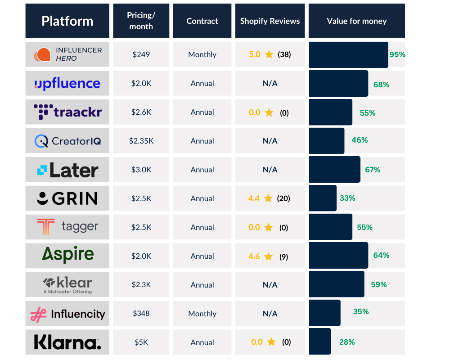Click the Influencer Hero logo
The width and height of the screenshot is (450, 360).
click(67, 54)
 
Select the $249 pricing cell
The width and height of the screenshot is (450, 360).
click(141, 54)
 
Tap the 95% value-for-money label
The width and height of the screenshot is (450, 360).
click(397, 54)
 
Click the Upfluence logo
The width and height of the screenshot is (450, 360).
click(67, 83)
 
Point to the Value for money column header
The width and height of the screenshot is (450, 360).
click(356, 21)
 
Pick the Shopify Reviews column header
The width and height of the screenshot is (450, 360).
click(270, 21)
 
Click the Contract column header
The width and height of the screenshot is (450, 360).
click(202, 21)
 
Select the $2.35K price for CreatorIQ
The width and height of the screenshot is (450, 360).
click(141, 141)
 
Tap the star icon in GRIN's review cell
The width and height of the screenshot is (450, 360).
click(268, 198)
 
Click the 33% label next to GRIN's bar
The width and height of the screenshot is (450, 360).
click(347, 198)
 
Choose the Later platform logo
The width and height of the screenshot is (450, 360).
click(67, 170)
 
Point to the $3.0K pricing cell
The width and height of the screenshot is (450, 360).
click(141, 170)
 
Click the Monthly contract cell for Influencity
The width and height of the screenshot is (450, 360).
click(202, 314)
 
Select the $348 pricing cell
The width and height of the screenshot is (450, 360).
click(141, 314)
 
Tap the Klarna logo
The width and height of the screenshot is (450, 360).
click(67, 342)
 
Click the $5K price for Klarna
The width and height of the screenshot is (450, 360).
click(141, 342)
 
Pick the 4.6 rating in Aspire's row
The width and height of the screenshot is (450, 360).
click(254, 256)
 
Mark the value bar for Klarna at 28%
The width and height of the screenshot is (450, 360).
click(320, 342)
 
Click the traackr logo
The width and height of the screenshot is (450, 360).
click(67, 112)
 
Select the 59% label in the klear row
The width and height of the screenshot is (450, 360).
click(379, 284)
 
